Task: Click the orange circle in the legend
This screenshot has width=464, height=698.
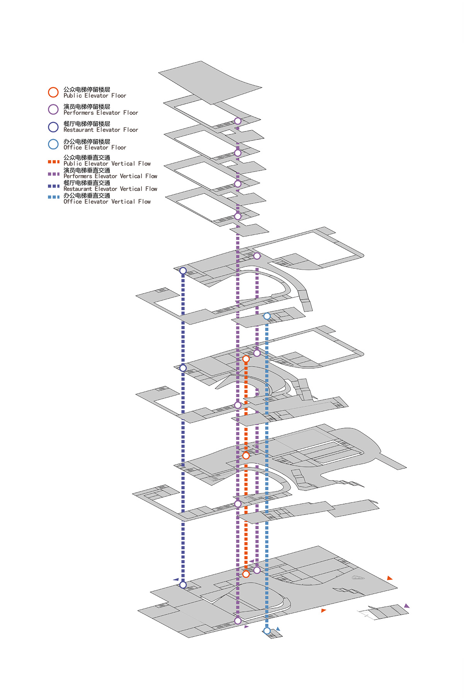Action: [53, 92]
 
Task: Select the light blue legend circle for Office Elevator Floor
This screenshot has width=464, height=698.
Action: [53, 144]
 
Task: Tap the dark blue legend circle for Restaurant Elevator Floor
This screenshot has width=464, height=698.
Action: [53, 127]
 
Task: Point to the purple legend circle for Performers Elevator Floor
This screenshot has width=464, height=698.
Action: [53, 109]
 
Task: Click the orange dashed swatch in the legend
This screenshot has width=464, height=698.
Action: [54, 162]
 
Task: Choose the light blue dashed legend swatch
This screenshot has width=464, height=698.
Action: [54, 197]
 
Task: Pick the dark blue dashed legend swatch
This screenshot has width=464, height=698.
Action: [54, 186]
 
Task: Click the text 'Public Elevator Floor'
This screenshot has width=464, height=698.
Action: [95, 96]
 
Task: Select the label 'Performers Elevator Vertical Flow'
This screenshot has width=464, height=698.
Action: [110, 176]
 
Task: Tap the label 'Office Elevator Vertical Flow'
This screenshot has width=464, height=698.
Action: [107, 202]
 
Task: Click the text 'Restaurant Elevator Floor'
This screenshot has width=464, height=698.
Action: [101, 130]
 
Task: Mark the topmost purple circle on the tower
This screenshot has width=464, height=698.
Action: [238, 121]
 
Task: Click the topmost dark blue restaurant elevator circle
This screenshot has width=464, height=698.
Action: [183, 271]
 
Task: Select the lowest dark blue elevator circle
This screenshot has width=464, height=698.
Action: [183, 585]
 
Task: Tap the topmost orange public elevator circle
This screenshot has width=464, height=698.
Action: [246, 359]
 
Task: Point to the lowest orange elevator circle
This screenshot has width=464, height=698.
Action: [246, 574]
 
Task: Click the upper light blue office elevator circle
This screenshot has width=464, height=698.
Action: [267, 316]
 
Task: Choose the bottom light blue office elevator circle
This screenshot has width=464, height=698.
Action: [267, 631]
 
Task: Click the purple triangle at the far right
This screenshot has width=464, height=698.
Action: [406, 606]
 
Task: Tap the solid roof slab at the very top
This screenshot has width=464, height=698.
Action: [210, 82]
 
